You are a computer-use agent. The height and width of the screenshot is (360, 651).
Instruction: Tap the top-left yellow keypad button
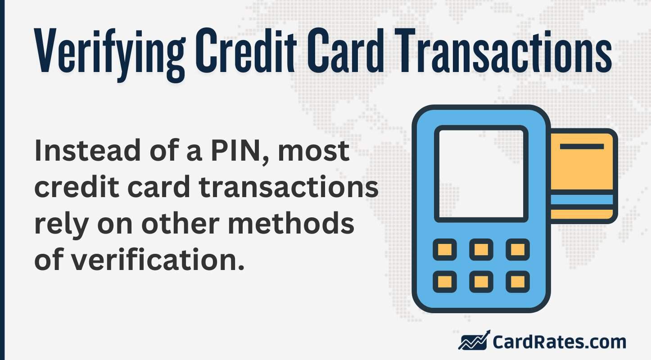445,249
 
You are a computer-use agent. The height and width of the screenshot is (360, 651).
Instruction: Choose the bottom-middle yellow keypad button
481,282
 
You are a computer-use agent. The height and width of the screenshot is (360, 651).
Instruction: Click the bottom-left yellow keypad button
445,282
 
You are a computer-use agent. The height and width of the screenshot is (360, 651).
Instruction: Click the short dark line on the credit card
582,147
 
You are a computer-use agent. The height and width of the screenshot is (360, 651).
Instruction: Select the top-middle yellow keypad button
481,249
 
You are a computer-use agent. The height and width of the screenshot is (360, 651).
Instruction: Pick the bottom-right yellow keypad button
518,282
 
